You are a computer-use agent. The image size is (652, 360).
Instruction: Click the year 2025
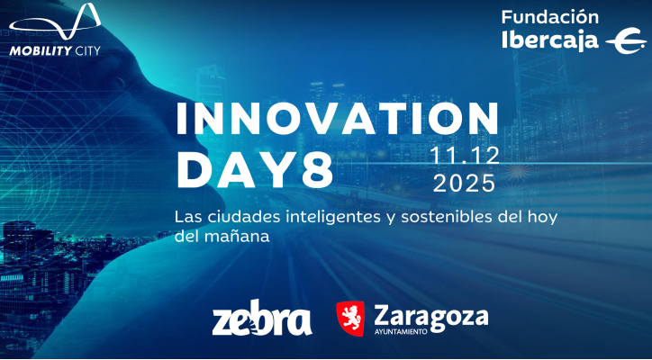point(464,184)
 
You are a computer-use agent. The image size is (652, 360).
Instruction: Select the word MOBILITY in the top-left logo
point(40,51)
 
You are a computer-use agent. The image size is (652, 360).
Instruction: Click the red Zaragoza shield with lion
point(349,319)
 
